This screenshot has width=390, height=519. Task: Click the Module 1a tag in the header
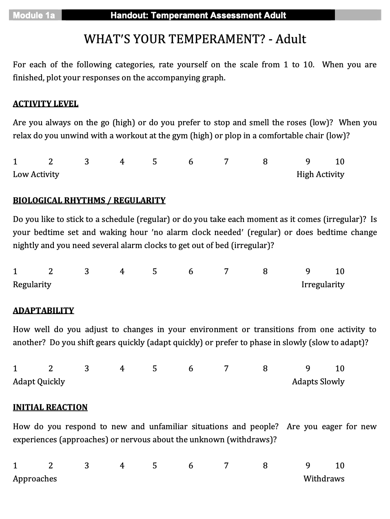click(x=34, y=16)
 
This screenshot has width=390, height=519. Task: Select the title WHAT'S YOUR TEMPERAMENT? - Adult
click(x=195, y=39)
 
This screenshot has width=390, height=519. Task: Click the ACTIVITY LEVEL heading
click(x=45, y=104)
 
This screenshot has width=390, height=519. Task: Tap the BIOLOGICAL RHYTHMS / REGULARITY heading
click(x=89, y=200)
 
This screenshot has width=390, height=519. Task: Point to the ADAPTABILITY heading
click(x=43, y=311)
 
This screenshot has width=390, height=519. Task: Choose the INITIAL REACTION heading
click(x=50, y=407)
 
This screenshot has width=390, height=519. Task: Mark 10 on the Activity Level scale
click(x=339, y=162)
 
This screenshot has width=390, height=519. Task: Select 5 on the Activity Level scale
click(x=155, y=162)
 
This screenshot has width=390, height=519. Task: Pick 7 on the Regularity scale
click(x=226, y=271)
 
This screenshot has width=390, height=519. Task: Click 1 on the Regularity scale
click(x=15, y=271)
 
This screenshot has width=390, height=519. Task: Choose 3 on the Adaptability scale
click(x=86, y=368)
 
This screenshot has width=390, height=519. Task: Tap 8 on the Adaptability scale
click(x=265, y=368)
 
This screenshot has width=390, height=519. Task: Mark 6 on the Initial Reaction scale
click(x=191, y=466)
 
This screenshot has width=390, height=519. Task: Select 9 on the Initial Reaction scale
click(x=308, y=466)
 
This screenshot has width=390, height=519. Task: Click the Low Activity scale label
click(x=36, y=175)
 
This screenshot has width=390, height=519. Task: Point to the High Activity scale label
click(x=320, y=175)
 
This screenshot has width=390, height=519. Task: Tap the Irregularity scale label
click(x=323, y=284)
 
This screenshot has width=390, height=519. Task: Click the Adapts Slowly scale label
click(x=318, y=381)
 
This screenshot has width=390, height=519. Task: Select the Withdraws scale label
click(x=324, y=479)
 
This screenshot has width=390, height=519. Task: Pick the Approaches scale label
click(x=35, y=479)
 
